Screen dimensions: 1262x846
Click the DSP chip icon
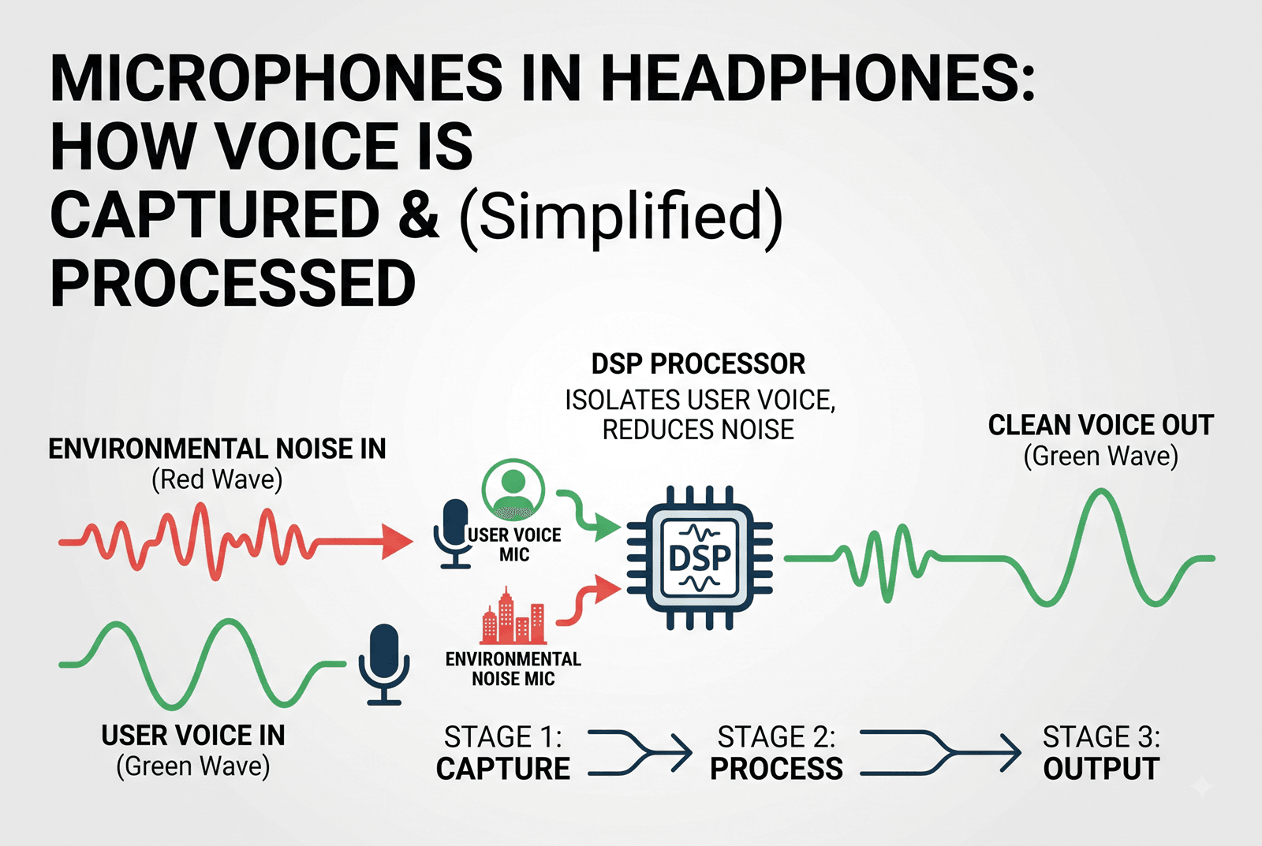700,557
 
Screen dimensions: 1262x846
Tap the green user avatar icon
513,489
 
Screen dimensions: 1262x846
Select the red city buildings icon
513,616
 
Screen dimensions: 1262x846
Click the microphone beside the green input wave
384,665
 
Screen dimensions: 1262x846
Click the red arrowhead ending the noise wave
398,542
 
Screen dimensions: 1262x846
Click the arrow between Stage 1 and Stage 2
640,752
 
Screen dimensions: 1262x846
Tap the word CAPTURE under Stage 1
503,769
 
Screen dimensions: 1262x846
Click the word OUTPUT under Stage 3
1101,769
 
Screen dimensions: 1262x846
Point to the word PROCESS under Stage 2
776,769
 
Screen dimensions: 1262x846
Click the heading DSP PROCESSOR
698,363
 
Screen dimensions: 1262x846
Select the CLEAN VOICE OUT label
1101,425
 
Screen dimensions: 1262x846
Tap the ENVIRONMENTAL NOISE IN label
217,449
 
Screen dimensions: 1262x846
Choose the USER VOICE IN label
193,736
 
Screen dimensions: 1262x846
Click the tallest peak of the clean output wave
1100,490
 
